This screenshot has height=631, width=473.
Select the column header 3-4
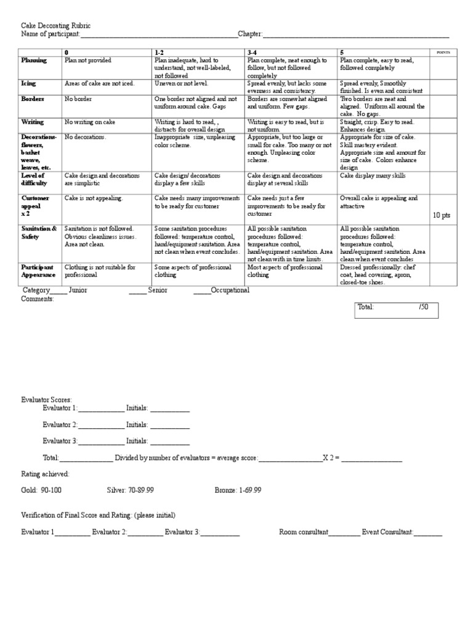(x=253, y=53)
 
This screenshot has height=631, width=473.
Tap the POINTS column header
(x=443, y=53)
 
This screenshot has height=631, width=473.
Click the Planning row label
(x=34, y=60)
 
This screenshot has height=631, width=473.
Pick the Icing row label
(x=29, y=83)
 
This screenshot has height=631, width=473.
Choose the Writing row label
(x=33, y=122)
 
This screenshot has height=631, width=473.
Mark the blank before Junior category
(x=59, y=290)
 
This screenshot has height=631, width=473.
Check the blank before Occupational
(x=201, y=290)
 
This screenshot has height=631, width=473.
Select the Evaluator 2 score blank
(x=101, y=425)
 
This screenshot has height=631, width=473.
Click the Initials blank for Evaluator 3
(x=170, y=441)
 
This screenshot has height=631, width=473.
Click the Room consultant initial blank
(x=344, y=532)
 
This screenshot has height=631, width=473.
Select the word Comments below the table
(x=38, y=299)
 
